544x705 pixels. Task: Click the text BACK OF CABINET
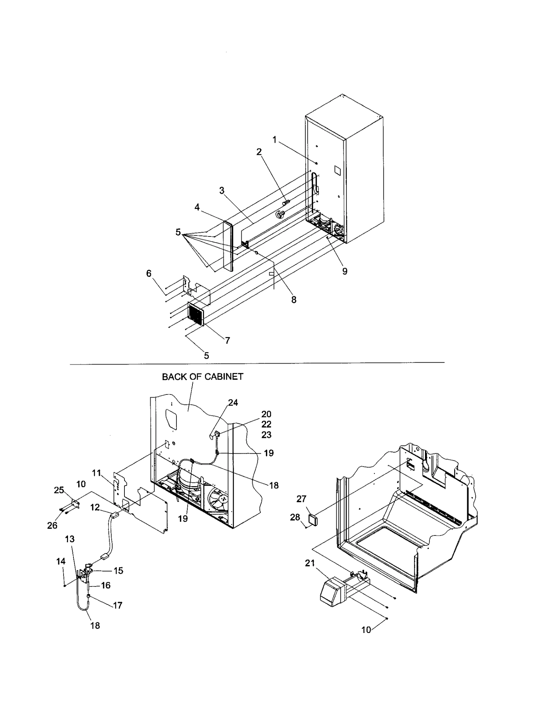pos(202,377)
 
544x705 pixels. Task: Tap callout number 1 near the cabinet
pos(274,140)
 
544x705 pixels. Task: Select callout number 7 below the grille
pos(227,340)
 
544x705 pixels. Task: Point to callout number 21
pos(310,563)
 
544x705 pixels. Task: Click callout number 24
pos(233,403)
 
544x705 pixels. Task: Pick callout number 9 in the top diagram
pos(345,271)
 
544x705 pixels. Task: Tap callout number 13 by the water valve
pos(70,539)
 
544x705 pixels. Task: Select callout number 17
pos(117,605)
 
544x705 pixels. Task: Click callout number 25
pos(59,490)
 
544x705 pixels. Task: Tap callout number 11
pos(97,473)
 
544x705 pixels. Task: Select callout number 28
pos(295,517)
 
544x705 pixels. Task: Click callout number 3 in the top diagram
pos(222,191)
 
